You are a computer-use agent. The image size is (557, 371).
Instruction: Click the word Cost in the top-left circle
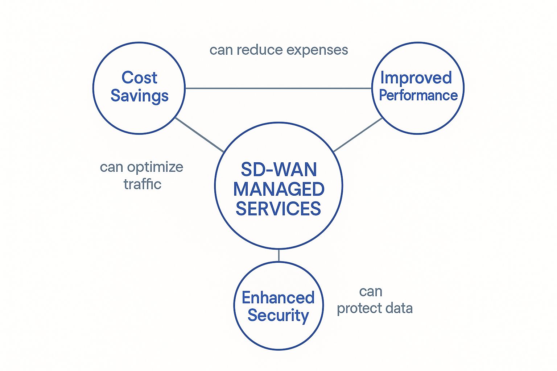tap(139, 78)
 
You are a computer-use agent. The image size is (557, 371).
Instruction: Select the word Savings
tap(139, 96)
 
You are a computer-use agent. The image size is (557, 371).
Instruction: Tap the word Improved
tap(416, 78)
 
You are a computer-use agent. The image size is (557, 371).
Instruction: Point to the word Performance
tap(418, 95)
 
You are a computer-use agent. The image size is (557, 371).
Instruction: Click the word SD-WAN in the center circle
tap(278, 169)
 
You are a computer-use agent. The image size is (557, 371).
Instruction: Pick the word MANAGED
tap(278, 189)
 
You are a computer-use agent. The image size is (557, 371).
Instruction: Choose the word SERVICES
tap(278, 209)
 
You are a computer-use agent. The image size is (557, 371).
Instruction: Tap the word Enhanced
tap(278, 298)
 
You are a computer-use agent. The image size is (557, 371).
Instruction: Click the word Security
tap(278, 315)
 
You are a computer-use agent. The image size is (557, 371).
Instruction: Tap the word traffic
tap(142, 184)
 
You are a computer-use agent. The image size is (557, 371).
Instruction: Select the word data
tap(399, 308)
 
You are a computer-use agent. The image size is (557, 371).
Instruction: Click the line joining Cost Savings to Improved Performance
tap(278, 88)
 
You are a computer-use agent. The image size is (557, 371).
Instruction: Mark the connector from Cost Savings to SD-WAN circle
tap(199, 134)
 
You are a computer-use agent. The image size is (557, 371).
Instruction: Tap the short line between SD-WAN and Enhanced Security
tap(278, 255)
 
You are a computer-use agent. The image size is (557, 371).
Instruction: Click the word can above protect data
tap(371, 292)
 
